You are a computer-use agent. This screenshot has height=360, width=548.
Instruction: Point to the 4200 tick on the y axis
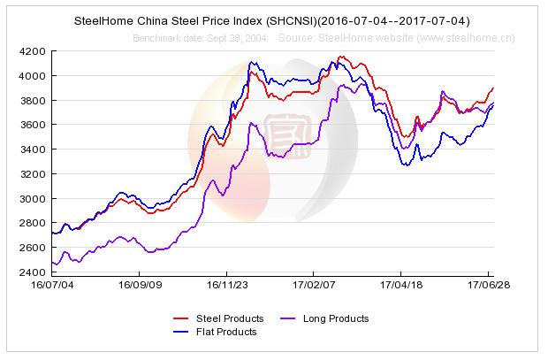(x=34, y=51)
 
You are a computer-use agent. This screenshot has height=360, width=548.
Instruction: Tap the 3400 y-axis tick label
(x=34, y=149)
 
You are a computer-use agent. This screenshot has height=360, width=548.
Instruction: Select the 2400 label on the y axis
(x=34, y=272)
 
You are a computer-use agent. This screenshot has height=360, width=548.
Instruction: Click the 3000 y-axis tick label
(x=34, y=198)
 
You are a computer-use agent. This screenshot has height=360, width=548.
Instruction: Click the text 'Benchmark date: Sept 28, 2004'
(x=200, y=38)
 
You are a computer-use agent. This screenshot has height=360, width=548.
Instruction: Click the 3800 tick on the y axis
(x=34, y=101)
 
